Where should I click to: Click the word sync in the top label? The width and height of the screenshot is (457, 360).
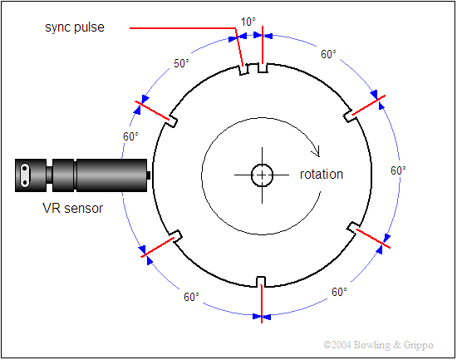click(58, 27)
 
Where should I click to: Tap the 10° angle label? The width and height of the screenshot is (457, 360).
click(248, 22)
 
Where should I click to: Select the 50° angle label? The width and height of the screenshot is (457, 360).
click(181, 63)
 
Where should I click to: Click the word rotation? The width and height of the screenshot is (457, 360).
click(322, 174)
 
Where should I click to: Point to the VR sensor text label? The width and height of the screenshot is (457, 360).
click(73, 209)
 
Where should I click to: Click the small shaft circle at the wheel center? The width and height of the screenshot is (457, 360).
click(262, 175)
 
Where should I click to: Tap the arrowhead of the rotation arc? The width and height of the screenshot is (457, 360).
click(317, 151)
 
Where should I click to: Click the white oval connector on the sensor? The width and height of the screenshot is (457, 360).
click(25, 175)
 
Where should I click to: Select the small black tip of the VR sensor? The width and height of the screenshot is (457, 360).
click(149, 175)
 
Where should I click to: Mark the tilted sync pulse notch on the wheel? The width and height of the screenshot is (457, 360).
click(243, 70)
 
